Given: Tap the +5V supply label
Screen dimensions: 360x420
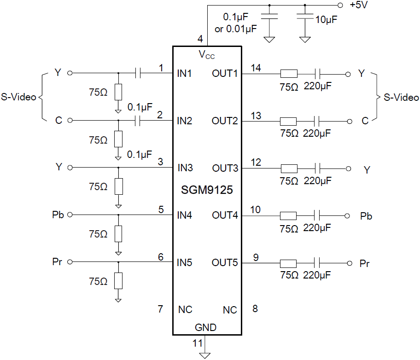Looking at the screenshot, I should pyautogui.click(x=358, y=6).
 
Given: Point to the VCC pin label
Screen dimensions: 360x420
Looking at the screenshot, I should pyautogui.click(x=207, y=55).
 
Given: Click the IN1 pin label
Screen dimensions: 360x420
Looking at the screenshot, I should pyautogui.click(x=185, y=73).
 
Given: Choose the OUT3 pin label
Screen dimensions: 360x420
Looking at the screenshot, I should pyautogui.click(x=225, y=168).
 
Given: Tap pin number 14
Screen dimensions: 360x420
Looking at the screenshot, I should pyautogui.click(x=256, y=68).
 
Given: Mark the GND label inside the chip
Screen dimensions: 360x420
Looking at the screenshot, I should pyautogui.click(x=205, y=328).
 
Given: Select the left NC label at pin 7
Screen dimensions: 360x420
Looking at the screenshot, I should pyautogui.click(x=185, y=309).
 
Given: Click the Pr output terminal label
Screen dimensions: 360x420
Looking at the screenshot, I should pyautogui.click(x=364, y=264).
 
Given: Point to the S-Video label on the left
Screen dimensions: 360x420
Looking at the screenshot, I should pyautogui.click(x=18, y=97).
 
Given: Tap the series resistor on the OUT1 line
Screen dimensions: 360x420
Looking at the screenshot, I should pyautogui.click(x=289, y=73).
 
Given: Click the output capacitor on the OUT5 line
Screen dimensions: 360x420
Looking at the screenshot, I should pyautogui.click(x=317, y=263).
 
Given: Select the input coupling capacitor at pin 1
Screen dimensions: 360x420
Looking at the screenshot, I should pyautogui.click(x=139, y=73).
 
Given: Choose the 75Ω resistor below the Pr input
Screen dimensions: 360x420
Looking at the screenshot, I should pyautogui.click(x=118, y=280).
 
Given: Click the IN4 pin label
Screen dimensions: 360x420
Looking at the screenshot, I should pyautogui.click(x=185, y=215).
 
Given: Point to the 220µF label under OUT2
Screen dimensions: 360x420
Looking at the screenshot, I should pyautogui.click(x=317, y=134).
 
